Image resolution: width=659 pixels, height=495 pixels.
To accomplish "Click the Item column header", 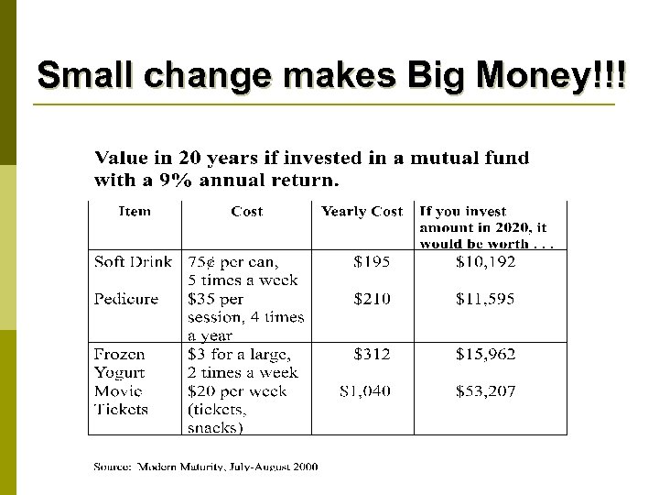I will pyautogui.click(x=135, y=212).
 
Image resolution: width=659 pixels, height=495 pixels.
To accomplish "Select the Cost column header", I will pyautogui.click(x=247, y=212).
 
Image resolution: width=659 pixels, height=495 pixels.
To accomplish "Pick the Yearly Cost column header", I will pyautogui.click(x=362, y=212).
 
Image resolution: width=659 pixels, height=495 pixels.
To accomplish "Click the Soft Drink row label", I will pyautogui.click(x=133, y=262).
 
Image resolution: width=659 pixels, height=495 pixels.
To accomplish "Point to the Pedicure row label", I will pyautogui.click(x=126, y=299).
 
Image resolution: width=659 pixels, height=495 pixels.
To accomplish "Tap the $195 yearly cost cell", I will pyautogui.click(x=372, y=262).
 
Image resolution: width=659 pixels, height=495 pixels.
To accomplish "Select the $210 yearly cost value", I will pyautogui.click(x=372, y=299).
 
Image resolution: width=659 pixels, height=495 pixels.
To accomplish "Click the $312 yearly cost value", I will pyautogui.click(x=372, y=354).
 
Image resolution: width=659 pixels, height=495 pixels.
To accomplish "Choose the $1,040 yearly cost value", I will pyautogui.click(x=364, y=391).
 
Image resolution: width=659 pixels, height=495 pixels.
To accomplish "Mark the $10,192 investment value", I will pyautogui.click(x=485, y=262).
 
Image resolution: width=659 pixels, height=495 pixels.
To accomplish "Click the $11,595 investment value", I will pyautogui.click(x=485, y=299).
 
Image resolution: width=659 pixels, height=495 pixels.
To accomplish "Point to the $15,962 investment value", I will pyautogui.click(x=485, y=354).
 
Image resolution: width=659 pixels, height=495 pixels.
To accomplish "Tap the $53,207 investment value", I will pyautogui.click(x=485, y=391).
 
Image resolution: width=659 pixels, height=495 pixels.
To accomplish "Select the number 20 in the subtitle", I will pyautogui.click(x=190, y=158).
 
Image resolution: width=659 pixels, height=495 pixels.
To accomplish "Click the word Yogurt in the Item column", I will pyautogui.click(x=119, y=373).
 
